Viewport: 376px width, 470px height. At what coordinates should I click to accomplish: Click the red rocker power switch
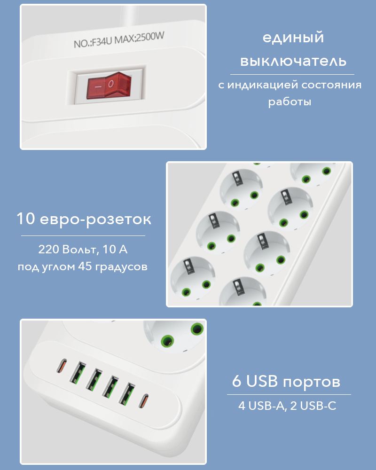109,85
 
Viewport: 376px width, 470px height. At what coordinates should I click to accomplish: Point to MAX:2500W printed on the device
140,38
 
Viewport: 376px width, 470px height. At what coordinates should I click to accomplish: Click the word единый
293,38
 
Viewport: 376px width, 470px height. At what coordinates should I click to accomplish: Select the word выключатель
293,61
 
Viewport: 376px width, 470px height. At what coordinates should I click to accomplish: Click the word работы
290,102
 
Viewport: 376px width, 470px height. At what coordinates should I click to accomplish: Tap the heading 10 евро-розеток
84,219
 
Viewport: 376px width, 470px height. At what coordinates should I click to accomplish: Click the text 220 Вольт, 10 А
83,250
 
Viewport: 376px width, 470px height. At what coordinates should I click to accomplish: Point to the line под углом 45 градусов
83,266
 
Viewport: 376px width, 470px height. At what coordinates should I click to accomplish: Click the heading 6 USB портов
286,381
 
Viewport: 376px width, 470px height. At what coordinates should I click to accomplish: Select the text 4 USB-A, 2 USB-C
287,406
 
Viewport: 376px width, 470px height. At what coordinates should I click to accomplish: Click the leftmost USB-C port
62,365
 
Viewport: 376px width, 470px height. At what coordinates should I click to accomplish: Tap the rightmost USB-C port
143,401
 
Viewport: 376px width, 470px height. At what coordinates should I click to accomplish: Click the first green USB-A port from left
78,373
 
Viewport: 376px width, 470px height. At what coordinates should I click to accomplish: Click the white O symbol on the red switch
111,84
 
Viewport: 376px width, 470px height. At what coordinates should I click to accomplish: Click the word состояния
331,85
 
